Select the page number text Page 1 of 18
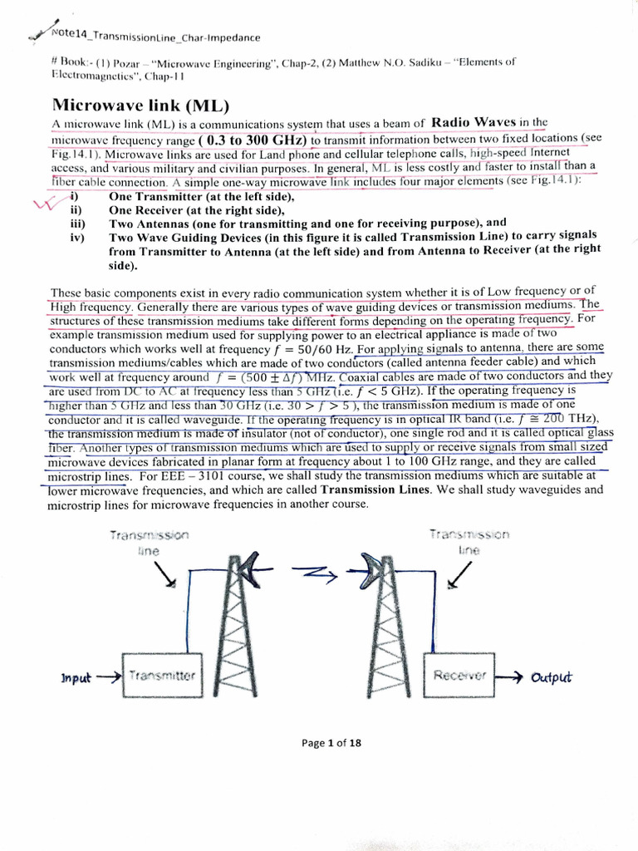[x=331, y=742]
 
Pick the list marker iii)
[x=77, y=223]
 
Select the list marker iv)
[x=77, y=237]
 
